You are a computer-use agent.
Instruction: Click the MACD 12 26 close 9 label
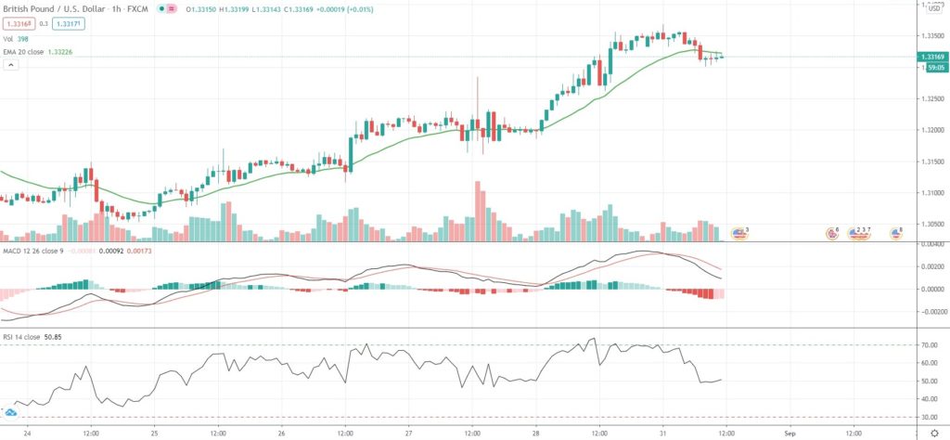(35, 250)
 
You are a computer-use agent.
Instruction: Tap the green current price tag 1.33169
(933, 58)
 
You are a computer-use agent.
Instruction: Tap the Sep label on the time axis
(790, 432)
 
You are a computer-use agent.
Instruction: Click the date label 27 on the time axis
(408, 432)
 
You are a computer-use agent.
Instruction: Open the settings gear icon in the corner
(933, 432)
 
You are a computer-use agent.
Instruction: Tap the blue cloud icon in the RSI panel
(11, 411)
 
